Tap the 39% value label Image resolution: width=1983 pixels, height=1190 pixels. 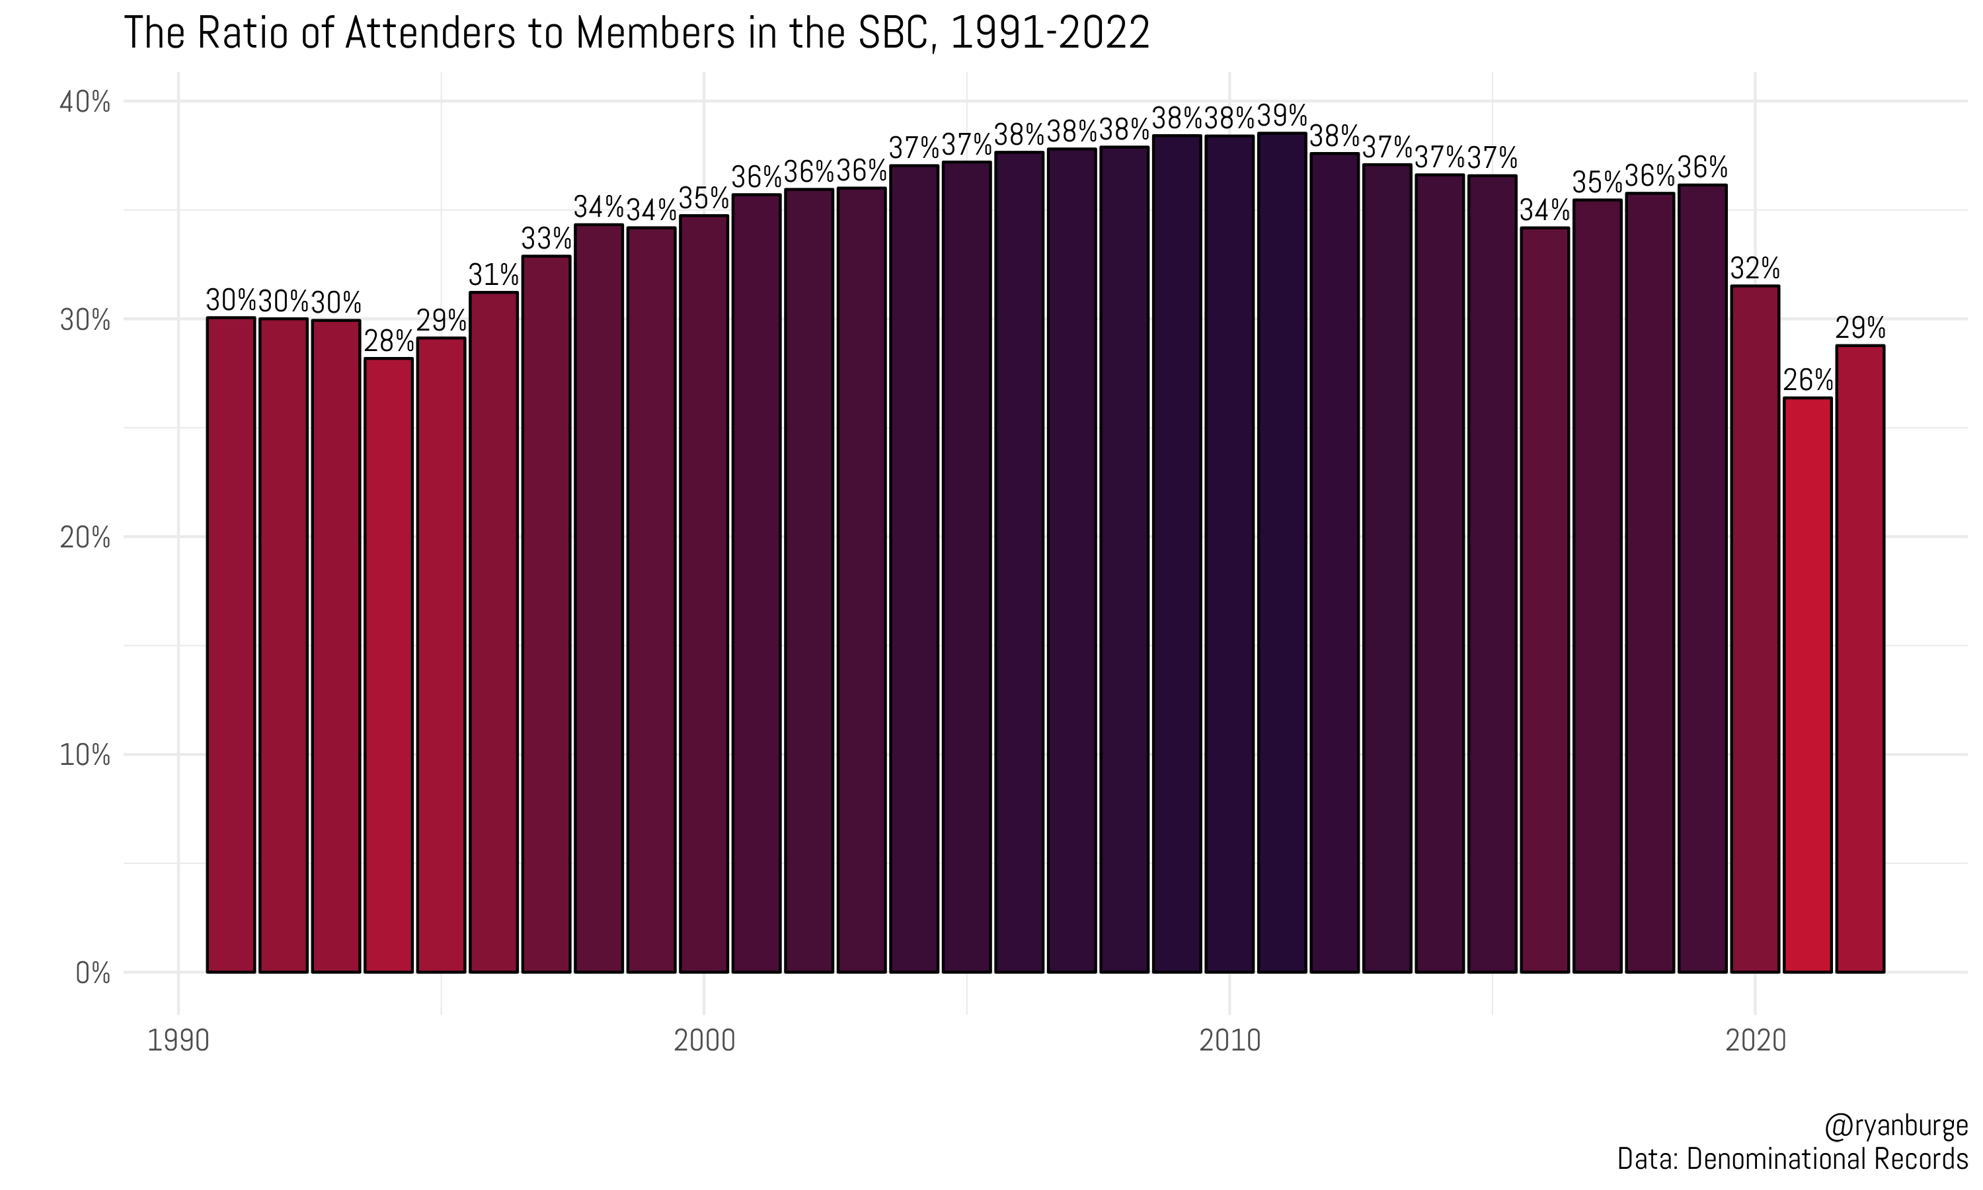click(x=1282, y=116)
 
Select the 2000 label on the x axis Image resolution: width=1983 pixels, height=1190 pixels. click(x=704, y=1041)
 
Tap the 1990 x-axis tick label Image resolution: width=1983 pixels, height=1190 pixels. click(x=178, y=1041)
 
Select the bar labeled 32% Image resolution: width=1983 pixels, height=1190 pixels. click(x=1754, y=629)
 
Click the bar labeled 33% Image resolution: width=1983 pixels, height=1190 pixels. click(x=546, y=614)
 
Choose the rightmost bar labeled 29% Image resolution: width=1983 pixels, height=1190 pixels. click(x=1859, y=658)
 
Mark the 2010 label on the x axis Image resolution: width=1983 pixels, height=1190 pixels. click(x=1229, y=1041)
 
